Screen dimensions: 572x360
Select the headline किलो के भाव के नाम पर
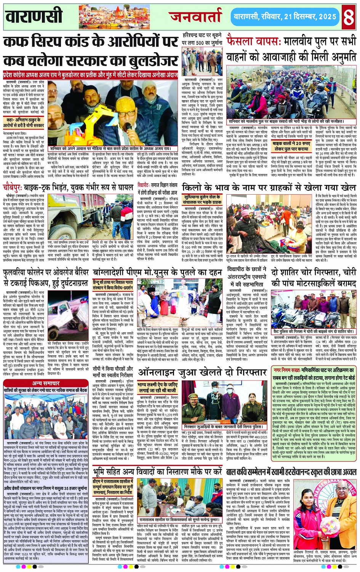tap(269, 188)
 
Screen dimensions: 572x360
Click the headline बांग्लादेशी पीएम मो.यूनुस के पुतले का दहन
tap(157, 273)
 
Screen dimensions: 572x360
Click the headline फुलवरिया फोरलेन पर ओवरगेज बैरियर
tap(46, 277)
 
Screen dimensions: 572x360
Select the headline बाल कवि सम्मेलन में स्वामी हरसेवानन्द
tap(291, 472)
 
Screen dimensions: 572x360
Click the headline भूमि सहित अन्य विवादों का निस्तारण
tap(157, 472)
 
